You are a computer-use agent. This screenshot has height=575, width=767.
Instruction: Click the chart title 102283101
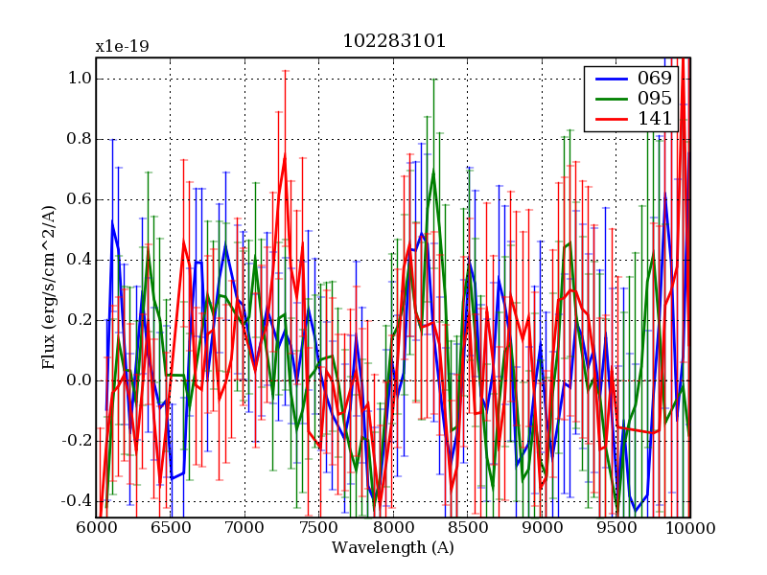(x=393, y=42)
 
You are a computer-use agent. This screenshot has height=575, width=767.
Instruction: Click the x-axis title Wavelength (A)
(x=393, y=548)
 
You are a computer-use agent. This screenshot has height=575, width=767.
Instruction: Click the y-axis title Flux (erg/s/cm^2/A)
(x=48, y=287)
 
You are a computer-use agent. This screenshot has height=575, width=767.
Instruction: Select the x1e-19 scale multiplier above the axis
(x=122, y=46)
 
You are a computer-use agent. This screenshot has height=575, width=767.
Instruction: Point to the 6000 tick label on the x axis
(x=96, y=529)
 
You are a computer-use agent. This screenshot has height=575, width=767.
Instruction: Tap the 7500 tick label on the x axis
(x=318, y=529)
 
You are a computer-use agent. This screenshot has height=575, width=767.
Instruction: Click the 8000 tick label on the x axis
(x=393, y=529)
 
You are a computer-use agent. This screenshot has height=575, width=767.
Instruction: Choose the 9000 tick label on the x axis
(x=542, y=529)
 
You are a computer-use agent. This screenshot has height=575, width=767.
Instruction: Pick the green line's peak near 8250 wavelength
(x=433, y=172)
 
